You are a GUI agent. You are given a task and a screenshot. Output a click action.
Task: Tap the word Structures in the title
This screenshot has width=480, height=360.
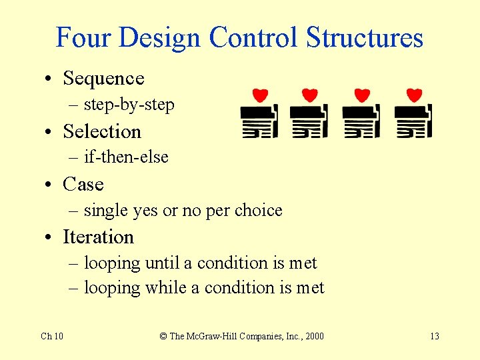click(365, 38)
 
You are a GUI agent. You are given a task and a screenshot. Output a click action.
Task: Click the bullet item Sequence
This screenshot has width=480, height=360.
click(103, 79)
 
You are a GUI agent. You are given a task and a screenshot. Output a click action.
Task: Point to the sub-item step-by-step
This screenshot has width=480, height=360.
click(129, 105)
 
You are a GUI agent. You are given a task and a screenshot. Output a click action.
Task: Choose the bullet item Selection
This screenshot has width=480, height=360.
click(102, 131)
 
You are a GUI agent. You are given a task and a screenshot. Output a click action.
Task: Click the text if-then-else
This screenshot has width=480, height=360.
click(126, 157)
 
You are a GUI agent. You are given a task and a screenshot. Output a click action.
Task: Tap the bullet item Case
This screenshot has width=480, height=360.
click(83, 184)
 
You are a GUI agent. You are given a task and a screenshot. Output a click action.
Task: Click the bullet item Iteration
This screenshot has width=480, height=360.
click(98, 237)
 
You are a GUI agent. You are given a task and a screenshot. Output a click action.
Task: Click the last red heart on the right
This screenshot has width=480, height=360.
click(414, 95)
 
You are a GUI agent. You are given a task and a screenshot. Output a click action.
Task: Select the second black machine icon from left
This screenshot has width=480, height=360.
click(309, 121)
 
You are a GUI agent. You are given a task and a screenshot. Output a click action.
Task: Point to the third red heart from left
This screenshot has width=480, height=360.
click(362, 95)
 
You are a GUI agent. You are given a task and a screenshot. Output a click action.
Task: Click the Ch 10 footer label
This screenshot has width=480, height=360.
click(52, 336)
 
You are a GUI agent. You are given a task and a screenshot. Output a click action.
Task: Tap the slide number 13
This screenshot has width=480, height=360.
click(434, 336)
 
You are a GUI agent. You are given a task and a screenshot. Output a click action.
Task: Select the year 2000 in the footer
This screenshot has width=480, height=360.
click(313, 336)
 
